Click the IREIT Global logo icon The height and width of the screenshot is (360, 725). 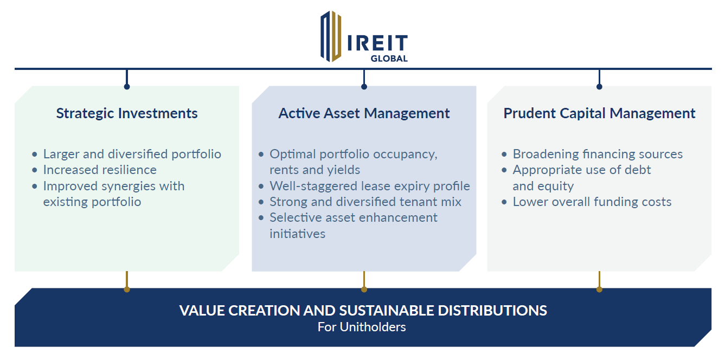(330, 36)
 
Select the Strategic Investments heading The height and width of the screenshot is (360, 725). (127, 113)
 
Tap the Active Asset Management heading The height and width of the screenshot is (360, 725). (364, 113)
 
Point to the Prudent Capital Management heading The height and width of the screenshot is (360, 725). (599, 113)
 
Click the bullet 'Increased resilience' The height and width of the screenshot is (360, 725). (100, 170)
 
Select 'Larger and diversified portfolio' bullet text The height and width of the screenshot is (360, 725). (132, 154)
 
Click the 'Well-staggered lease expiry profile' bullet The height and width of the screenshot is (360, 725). (369, 186)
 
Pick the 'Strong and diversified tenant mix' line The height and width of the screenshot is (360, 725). (365, 202)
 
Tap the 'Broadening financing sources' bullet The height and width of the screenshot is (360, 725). (598, 154)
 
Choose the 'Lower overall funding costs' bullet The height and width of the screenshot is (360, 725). (592, 202)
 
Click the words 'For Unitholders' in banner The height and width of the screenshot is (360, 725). (362, 327)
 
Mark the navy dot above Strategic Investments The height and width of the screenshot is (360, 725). (127, 87)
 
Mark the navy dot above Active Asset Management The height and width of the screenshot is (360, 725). (364, 87)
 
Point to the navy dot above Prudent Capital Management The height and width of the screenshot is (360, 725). (599, 87)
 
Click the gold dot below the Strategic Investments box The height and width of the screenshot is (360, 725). (127, 290)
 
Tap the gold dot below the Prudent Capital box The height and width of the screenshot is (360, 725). (599, 290)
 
